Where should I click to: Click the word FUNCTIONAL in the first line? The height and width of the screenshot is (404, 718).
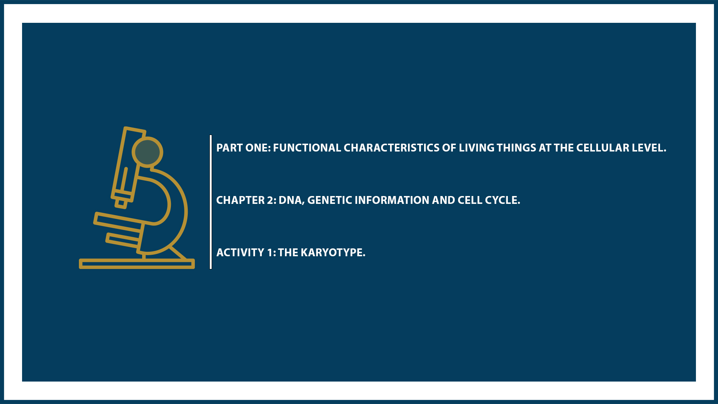(307, 148)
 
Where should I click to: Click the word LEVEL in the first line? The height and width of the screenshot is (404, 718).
(649, 148)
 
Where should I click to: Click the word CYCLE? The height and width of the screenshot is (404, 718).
(503, 200)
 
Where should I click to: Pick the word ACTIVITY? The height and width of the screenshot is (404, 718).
(240, 252)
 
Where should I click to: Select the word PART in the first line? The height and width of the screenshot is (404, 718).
(228, 148)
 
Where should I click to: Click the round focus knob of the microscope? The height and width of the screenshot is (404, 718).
(147, 152)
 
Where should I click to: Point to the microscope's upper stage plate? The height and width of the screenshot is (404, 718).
(118, 220)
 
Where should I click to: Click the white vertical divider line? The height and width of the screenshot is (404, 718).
(211, 202)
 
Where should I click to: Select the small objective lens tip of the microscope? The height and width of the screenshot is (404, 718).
(121, 203)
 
